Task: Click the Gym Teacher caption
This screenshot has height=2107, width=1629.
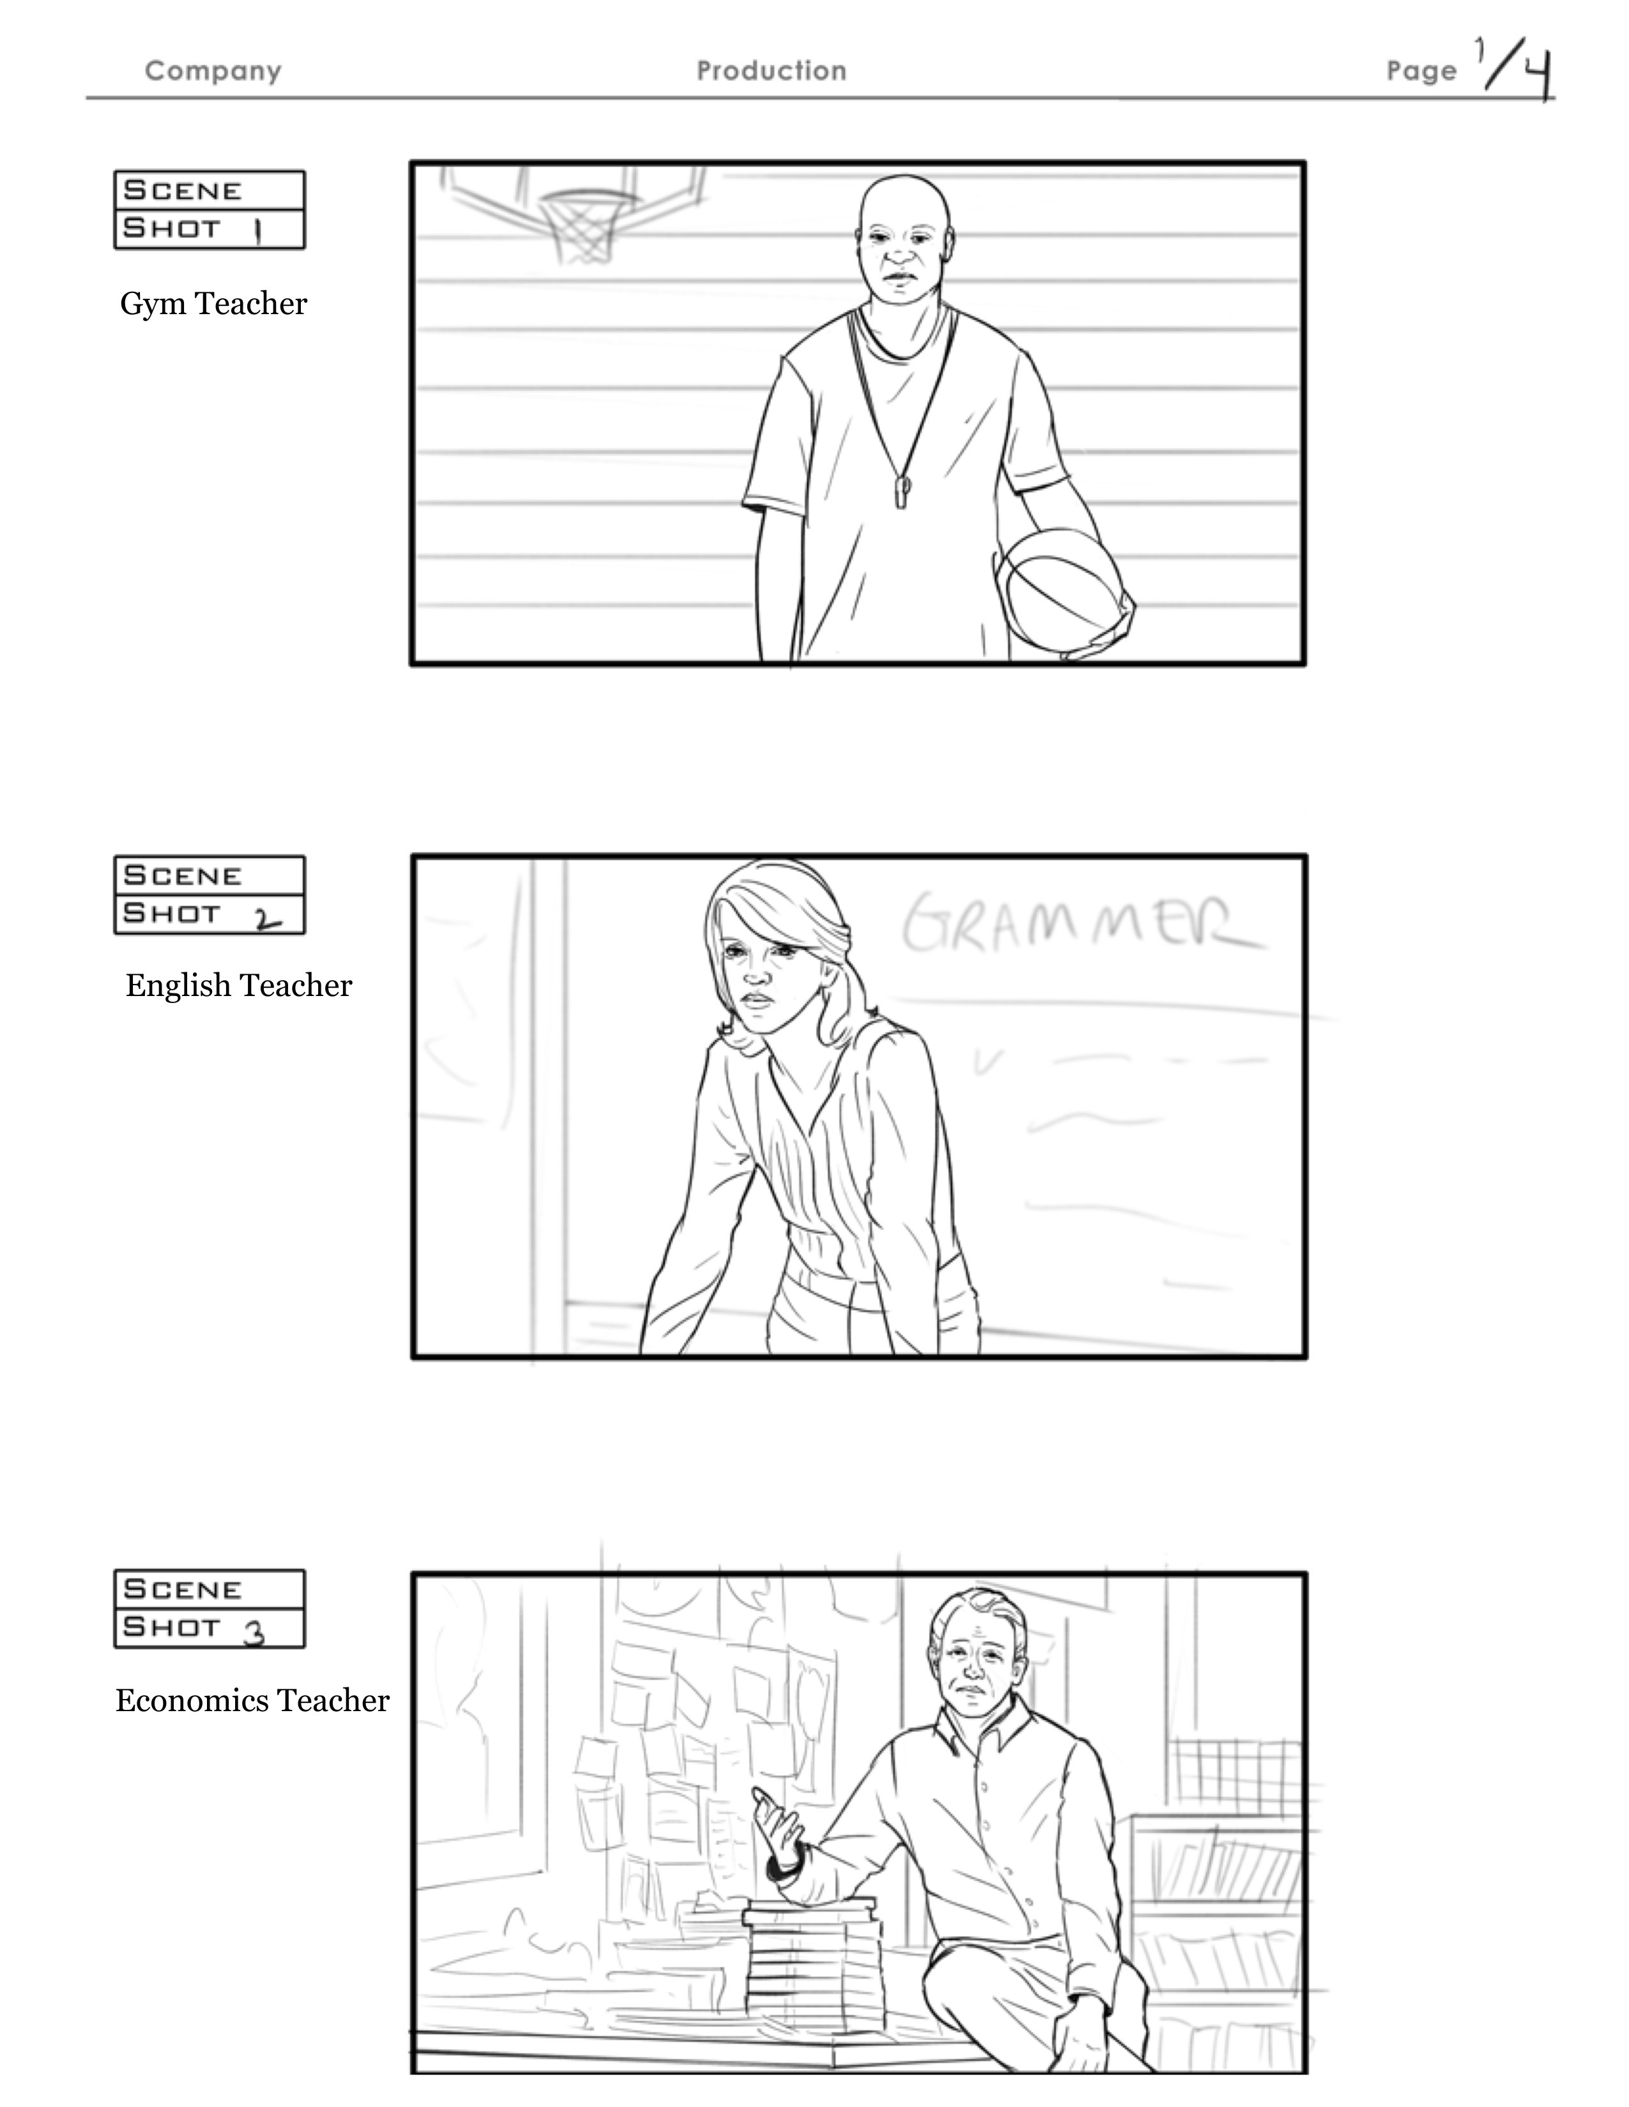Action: pyautogui.click(x=213, y=304)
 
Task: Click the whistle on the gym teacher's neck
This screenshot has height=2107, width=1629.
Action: pyautogui.click(x=902, y=492)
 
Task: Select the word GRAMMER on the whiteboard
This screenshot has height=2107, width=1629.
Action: pyautogui.click(x=1082, y=927)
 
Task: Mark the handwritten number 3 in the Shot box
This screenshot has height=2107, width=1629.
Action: pyautogui.click(x=255, y=1633)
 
